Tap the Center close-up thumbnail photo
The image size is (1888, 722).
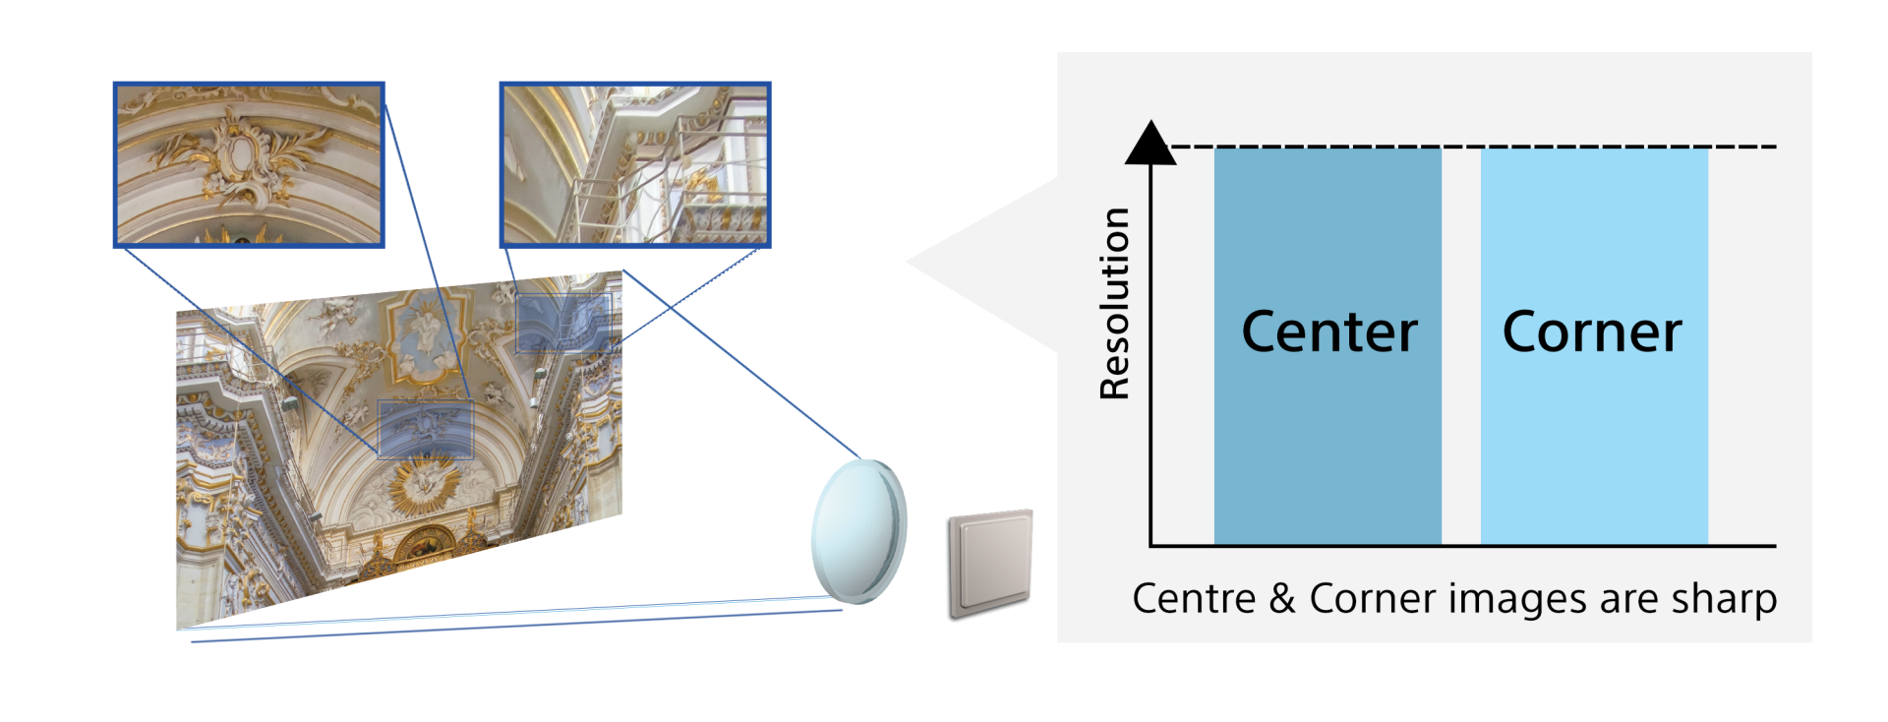point(249,163)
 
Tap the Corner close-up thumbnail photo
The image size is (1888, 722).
point(635,163)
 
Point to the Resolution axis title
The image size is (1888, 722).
point(1114,304)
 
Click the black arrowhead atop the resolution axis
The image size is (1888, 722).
point(1150,144)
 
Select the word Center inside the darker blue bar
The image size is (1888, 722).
point(1328,332)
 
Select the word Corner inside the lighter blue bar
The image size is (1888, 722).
point(1592,332)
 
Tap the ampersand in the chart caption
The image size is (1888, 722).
point(1281,599)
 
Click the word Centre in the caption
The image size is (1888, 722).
point(1194,599)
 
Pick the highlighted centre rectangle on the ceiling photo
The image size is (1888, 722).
point(426,429)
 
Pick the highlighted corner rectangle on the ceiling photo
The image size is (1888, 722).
point(563,323)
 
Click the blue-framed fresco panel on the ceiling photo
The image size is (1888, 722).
point(425,331)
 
